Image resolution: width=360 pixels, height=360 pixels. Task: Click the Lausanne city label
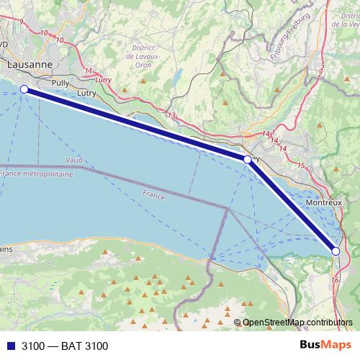tap(30, 65)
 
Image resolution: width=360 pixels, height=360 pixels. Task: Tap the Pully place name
tap(60, 83)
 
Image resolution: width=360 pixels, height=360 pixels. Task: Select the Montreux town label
tap(323, 204)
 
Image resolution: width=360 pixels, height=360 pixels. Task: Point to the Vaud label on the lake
tap(74, 159)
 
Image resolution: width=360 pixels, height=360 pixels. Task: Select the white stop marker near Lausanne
tap(24, 89)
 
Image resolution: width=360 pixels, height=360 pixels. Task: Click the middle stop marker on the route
tap(248, 159)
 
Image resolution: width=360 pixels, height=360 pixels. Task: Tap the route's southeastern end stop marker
tap(336, 251)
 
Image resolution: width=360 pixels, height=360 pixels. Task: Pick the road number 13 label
tap(171, 115)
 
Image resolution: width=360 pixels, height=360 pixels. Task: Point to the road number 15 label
tap(300, 166)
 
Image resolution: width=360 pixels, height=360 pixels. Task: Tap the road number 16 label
tap(335, 279)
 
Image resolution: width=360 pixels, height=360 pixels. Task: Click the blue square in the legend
tap(11, 346)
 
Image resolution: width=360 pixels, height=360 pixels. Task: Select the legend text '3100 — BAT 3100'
tap(65, 346)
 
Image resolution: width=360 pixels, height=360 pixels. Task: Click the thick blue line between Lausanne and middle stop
tap(137, 125)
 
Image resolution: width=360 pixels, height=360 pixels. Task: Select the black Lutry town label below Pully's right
tap(86, 94)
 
